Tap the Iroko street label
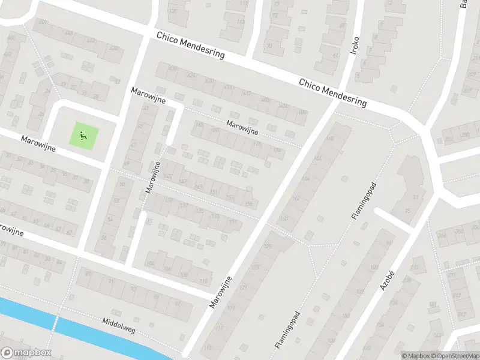355,46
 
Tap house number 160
283,218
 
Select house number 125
267,247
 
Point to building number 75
408,211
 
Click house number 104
150,263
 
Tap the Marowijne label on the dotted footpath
242,127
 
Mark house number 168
329,139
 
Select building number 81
414,196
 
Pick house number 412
247,94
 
